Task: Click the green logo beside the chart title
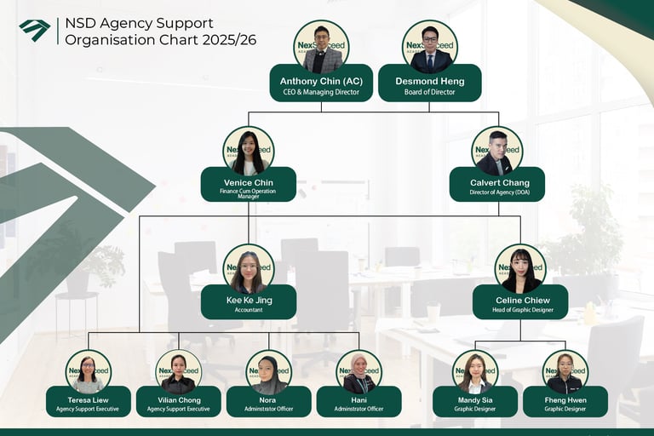coord(35,30)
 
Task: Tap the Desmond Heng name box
coord(429,85)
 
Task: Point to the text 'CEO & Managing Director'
coord(321,92)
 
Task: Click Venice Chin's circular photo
coord(249,152)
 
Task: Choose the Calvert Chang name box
coord(497,186)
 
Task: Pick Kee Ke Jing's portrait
coord(249,269)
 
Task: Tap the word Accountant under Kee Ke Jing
coord(249,311)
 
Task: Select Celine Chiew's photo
coord(520,269)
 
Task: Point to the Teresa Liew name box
coord(89,403)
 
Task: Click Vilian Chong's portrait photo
coord(179,372)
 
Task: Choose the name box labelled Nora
coord(269,403)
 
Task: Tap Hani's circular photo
coord(359,372)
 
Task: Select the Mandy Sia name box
coord(475,403)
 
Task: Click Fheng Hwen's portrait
coord(565,372)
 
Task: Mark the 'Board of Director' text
coord(429,92)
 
